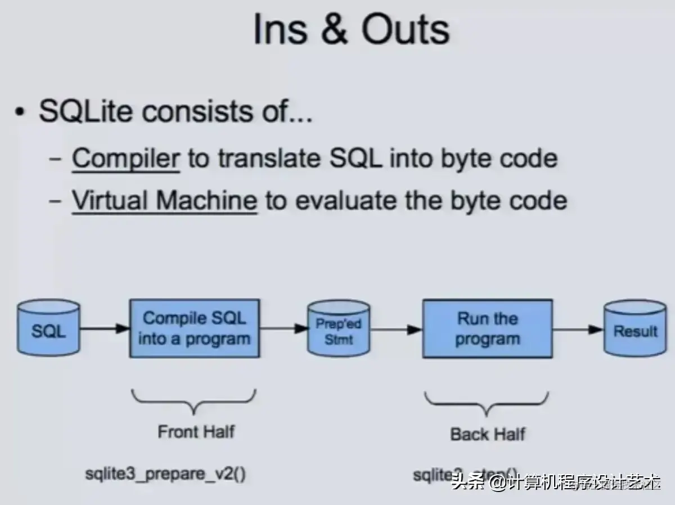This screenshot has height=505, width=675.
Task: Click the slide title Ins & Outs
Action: click(x=351, y=29)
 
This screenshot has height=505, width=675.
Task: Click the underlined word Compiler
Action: click(x=125, y=159)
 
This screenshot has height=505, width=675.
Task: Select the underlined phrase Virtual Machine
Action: click(x=164, y=200)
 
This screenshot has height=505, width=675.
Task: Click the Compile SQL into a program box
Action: click(x=194, y=328)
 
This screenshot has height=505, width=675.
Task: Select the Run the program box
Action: click(x=487, y=328)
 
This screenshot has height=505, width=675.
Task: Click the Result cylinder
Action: click(x=635, y=329)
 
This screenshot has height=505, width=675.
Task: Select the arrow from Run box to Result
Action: click(x=578, y=330)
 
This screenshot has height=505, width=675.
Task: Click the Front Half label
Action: click(x=196, y=432)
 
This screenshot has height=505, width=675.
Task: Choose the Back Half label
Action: click(x=488, y=434)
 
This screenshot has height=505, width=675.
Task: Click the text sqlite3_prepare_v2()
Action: click(x=165, y=474)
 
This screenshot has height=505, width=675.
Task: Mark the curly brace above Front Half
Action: click(x=193, y=400)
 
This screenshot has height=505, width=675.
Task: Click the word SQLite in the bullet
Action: click(x=86, y=111)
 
